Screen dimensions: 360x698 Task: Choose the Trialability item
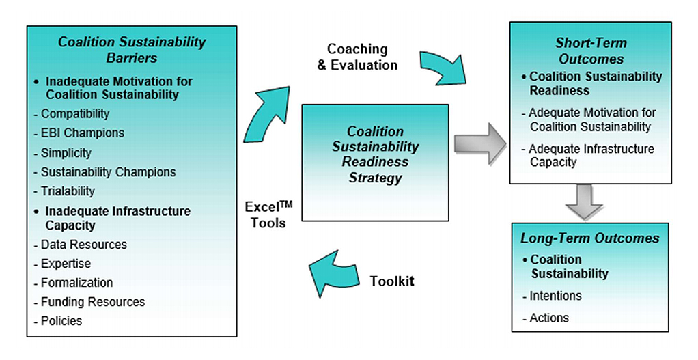click(x=68, y=191)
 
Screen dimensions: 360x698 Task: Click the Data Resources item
click(x=83, y=245)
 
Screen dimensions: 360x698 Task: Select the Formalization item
click(x=76, y=283)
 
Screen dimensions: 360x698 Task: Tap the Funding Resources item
click(x=92, y=302)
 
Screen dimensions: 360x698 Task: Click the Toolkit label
click(x=392, y=281)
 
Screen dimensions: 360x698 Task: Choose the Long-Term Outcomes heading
click(x=589, y=238)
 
